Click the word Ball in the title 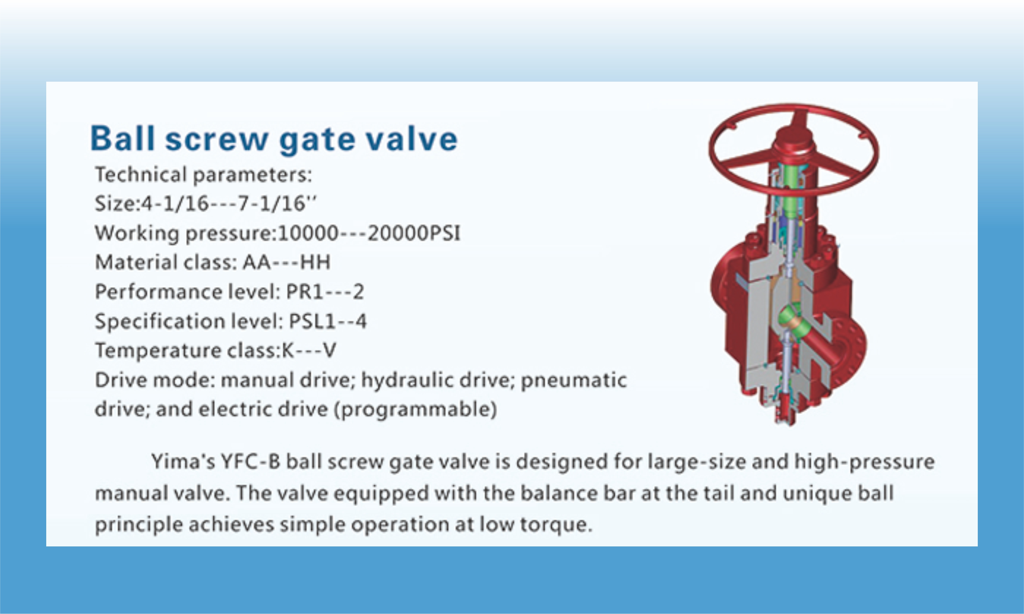point(123,139)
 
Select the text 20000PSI point(413,233)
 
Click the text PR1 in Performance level point(304,292)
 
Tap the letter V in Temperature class point(329,350)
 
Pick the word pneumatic point(573,380)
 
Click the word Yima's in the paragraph point(183,461)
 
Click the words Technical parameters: point(203,174)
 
